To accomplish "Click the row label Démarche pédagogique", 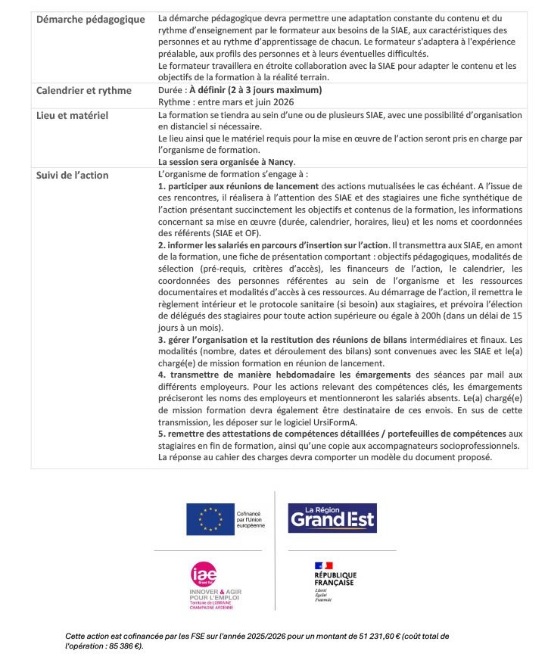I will tap(90, 19).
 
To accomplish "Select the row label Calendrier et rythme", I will tap(85, 91).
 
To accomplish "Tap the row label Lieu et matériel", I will tap(73, 115).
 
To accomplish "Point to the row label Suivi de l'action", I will tap(73, 176).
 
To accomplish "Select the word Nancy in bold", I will tap(280, 162).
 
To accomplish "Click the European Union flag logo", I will tap(210, 519).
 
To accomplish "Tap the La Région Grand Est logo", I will tap(332, 518).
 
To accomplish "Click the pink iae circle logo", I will tap(204, 574).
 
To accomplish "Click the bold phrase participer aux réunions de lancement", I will tap(238, 185).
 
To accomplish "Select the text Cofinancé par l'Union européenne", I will tap(251, 518).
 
